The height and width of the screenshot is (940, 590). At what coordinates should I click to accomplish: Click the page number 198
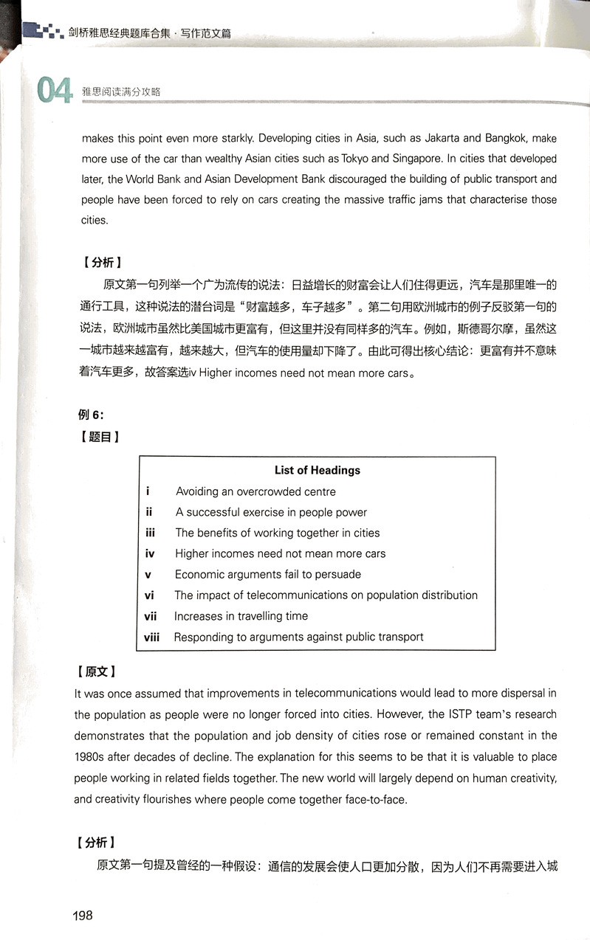(83, 915)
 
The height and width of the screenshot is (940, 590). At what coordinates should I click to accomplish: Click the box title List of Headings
(318, 470)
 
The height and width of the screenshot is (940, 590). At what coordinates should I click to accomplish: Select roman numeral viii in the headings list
(152, 637)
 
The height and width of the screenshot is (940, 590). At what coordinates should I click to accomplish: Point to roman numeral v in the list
(148, 574)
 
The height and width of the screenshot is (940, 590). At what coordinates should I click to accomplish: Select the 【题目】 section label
(98, 436)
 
